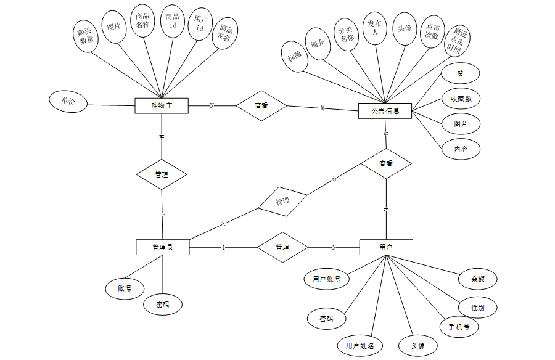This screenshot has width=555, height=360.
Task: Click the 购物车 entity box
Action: tap(162, 105)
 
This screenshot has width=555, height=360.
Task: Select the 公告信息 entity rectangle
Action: tap(385, 111)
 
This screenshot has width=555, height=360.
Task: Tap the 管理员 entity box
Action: tap(162, 247)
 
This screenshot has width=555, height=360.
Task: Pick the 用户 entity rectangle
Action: tap(386, 247)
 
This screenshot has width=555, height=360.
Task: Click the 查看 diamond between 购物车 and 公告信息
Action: tap(261, 106)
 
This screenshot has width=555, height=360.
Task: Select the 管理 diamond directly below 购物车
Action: tap(162, 175)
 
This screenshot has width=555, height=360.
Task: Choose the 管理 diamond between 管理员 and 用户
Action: tap(282, 247)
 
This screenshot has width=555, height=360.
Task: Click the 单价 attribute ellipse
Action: tap(68, 102)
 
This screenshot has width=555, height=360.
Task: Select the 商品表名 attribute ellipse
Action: tap(225, 33)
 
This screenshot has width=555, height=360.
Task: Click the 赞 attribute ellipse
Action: tap(460, 73)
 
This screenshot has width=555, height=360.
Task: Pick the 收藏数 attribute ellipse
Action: tap(461, 99)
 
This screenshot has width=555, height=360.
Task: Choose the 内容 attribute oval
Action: tap(461, 149)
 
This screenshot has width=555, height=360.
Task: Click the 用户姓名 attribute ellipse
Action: tap(360, 346)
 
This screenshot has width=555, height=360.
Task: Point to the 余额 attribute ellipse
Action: tap(478, 279)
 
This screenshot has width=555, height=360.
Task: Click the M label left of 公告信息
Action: tap(323, 109)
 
